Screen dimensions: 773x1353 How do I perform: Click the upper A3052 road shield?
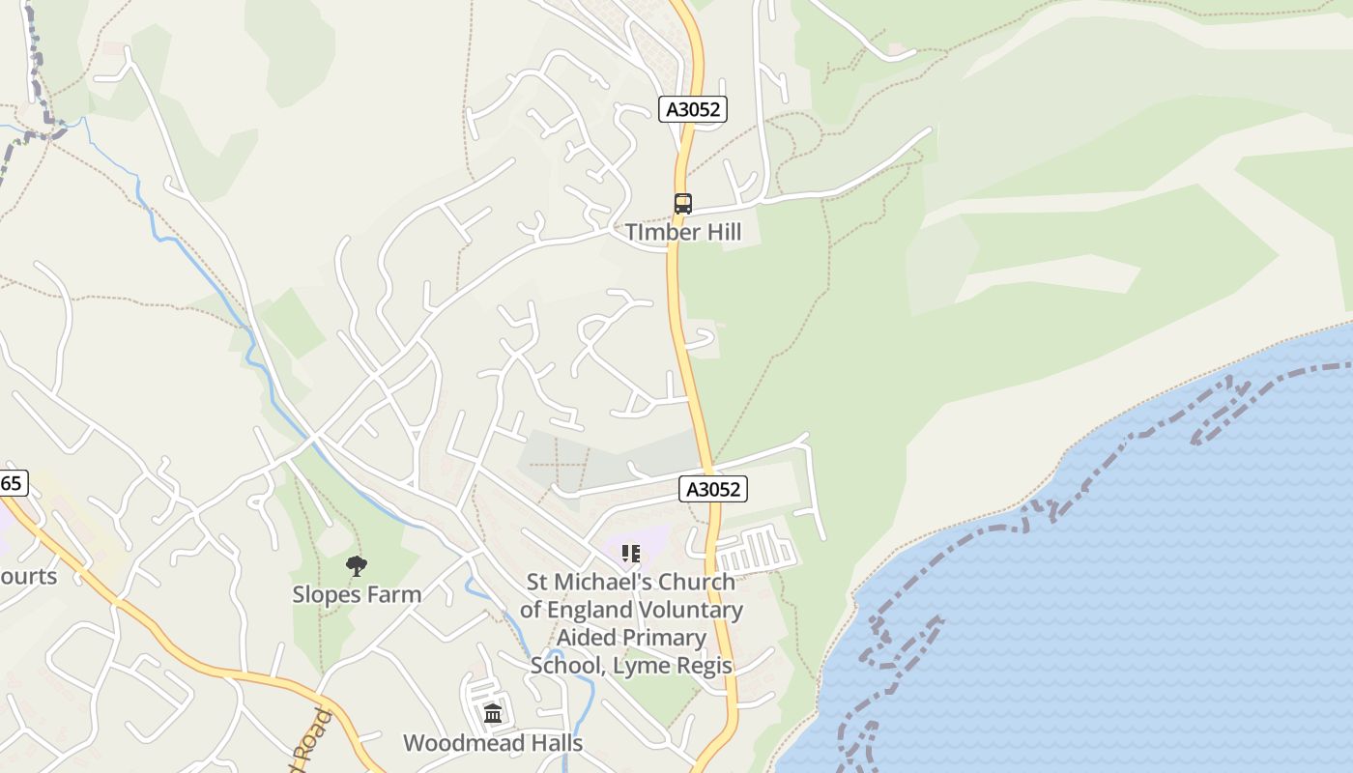(x=693, y=109)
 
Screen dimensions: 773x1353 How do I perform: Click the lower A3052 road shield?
(x=713, y=489)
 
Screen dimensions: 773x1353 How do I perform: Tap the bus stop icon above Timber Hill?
(x=683, y=204)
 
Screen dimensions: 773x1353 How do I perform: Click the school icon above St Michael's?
(x=630, y=554)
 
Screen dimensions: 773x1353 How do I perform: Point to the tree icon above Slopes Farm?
(x=357, y=566)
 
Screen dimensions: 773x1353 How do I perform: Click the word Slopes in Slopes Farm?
(x=328, y=594)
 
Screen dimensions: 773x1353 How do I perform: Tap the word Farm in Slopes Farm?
(x=394, y=594)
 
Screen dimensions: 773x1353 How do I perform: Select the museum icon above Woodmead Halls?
(x=493, y=714)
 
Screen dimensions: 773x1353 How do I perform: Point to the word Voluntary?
(x=692, y=610)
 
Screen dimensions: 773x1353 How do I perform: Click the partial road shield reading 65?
(x=12, y=483)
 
